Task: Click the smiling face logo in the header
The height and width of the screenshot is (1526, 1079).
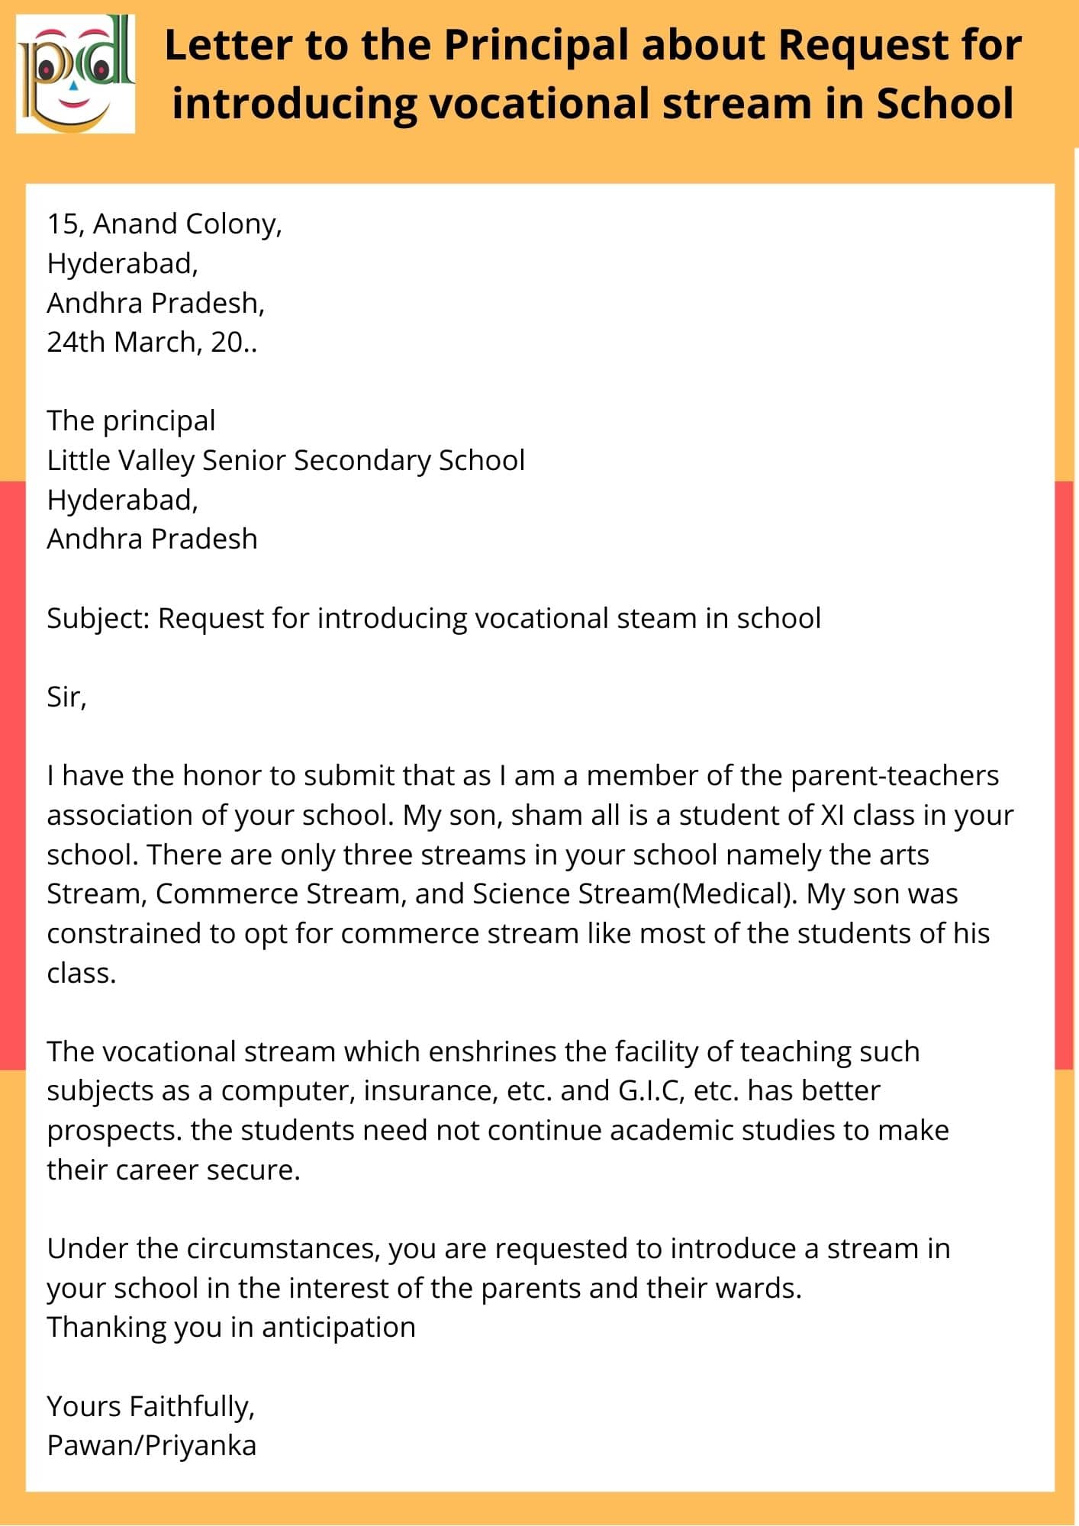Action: pos(76,75)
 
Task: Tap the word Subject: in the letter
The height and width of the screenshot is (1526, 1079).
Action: pos(98,619)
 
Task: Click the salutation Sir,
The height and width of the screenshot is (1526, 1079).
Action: pos(66,697)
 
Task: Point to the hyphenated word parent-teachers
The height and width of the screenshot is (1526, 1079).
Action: pos(894,776)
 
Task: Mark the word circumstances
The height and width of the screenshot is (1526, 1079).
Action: pos(282,1249)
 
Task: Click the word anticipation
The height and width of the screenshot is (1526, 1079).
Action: pos(338,1328)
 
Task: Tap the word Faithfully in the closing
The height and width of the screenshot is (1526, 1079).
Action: pos(192,1407)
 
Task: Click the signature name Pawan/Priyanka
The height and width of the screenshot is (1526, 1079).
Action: pos(151,1446)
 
